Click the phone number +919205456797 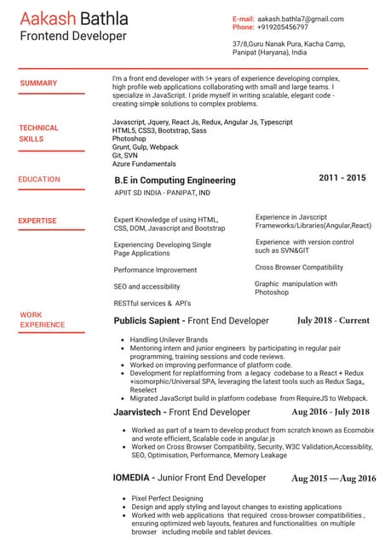pos(283,27)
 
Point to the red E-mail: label pos(244,18)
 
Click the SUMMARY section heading pos(38,83)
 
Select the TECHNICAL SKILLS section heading pos(38,133)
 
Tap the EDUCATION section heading pos(39,180)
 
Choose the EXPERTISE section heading pos(37,221)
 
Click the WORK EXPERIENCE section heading pos(42,320)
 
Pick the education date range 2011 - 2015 pos(342,178)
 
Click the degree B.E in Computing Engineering pos(175,181)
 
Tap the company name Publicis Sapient pos(147,321)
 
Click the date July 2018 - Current pos(333,321)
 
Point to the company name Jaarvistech pos(140,412)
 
